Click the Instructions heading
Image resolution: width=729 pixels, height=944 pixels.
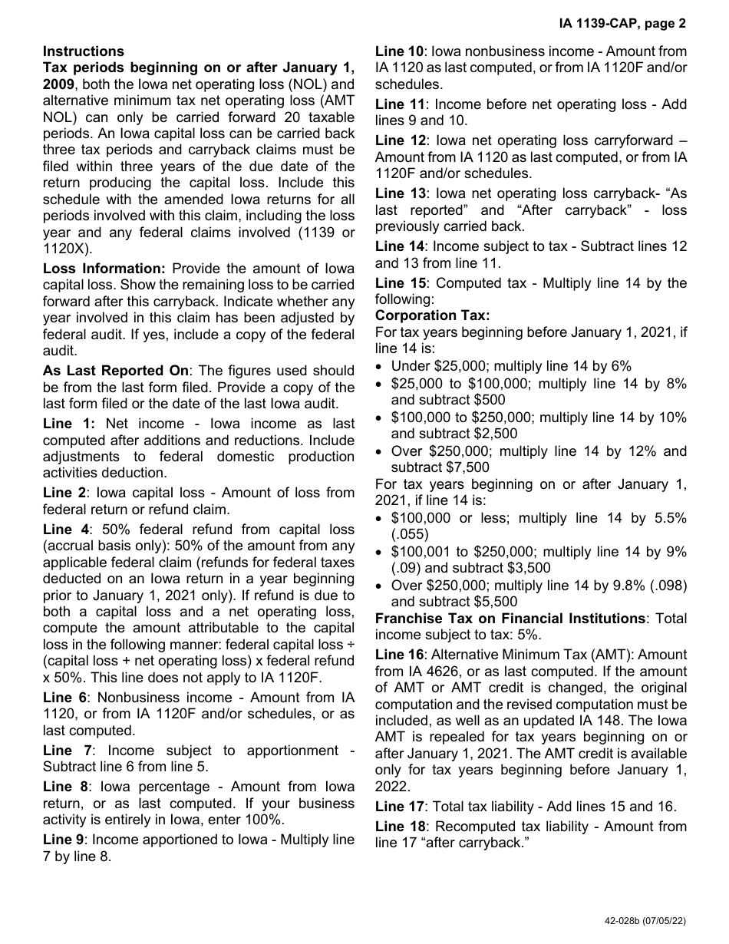[83, 51]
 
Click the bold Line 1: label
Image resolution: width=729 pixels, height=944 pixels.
[69, 424]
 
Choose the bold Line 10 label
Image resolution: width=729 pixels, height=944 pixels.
[399, 51]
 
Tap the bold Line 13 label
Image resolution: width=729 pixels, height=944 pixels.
[399, 193]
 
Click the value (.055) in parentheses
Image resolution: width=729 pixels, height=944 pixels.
[410, 534]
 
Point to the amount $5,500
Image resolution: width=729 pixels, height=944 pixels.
[496, 602]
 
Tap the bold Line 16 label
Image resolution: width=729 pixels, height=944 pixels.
[399, 655]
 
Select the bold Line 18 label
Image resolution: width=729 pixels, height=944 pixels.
[399, 827]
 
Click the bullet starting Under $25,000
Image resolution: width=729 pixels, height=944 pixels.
[511, 366]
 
